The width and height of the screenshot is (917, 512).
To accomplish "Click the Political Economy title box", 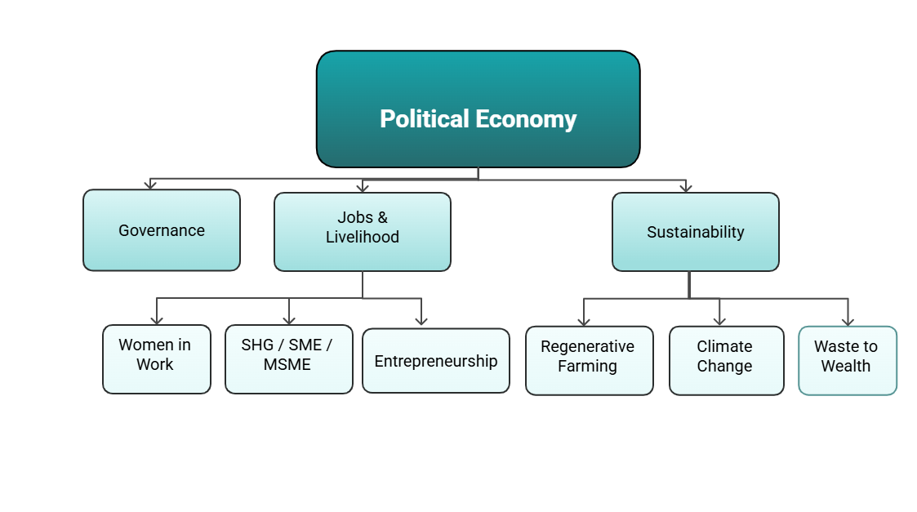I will tap(478, 109).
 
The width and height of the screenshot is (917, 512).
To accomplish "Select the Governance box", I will tap(162, 230).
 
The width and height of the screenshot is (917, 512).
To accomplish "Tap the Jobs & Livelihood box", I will tap(363, 232).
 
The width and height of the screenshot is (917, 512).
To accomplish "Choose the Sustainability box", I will tap(696, 232).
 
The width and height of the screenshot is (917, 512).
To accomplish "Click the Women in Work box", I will tap(156, 359).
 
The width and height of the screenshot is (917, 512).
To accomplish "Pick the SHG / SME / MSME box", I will tap(288, 359).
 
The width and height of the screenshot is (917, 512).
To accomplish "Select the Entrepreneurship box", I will tap(435, 361).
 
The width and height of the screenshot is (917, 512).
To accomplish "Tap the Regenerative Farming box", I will tap(589, 361).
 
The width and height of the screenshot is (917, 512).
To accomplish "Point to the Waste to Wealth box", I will tap(847, 361).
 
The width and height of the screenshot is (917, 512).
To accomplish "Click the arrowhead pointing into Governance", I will tap(150, 185).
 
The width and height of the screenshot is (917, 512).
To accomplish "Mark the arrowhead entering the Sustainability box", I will tap(686, 187).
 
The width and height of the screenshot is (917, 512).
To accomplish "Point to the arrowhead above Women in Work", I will tap(157, 319).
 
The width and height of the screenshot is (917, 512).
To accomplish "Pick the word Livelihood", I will tap(363, 238).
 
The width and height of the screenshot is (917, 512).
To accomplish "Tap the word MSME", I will tap(287, 365).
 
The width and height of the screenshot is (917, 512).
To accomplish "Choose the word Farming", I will tap(587, 367).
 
